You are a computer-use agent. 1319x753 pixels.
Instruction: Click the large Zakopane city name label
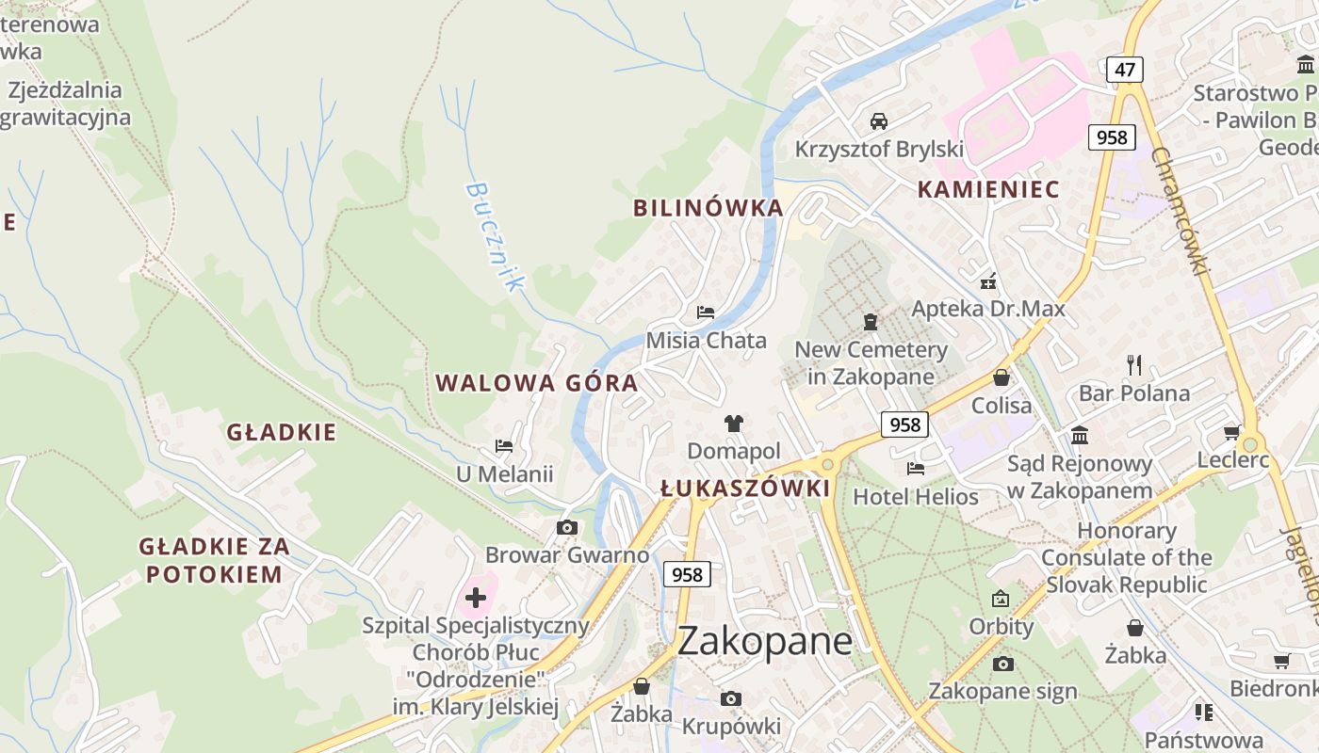(765, 642)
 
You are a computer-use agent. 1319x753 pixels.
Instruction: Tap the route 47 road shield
(1125, 69)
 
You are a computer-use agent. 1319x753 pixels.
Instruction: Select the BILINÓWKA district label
(708, 208)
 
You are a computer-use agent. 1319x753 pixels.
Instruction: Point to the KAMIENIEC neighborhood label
(988, 189)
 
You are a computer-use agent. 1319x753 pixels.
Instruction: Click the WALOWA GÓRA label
(537, 383)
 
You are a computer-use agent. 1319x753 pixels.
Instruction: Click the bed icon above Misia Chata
(706, 312)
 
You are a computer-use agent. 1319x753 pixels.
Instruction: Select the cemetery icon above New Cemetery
(871, 322)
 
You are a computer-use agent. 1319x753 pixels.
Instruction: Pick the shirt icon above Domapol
(733, 424)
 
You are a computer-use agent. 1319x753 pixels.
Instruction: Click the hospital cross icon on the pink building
(476, 597)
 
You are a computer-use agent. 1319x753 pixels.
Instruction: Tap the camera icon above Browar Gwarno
(566, 527)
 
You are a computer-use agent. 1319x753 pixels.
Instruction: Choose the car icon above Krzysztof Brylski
(878, 120)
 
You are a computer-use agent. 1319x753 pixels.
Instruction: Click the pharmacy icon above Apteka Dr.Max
(988, 280)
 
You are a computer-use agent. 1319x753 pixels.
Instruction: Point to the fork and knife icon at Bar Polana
(1134, 364)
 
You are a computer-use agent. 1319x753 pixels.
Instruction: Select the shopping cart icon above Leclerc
(1231, 432)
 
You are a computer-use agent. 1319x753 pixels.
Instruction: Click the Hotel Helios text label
(916, 496)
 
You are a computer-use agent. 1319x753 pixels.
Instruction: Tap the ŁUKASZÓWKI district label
(745, 489)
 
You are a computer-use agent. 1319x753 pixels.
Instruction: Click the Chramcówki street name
(1178, 211)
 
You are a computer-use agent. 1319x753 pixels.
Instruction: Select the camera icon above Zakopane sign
(1003, 664)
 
